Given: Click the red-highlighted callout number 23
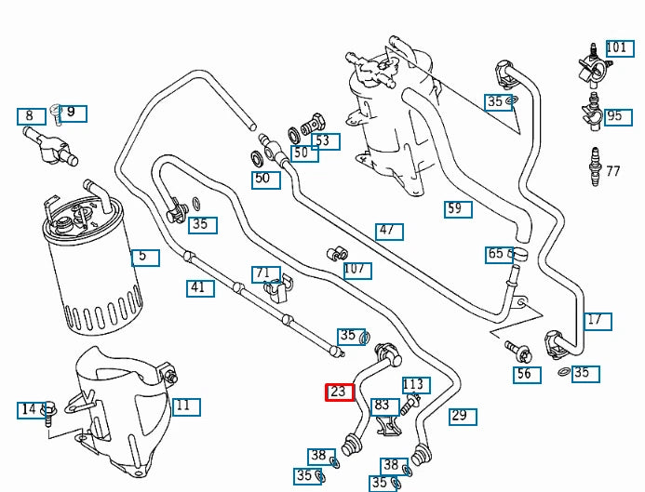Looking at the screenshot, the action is (x=340, y=392).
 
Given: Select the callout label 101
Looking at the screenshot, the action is (x=620, y=48).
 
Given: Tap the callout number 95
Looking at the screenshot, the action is (x=618, y=117).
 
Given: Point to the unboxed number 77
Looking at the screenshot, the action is (x=613, y=171).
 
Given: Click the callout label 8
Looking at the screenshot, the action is (x=32, y=116).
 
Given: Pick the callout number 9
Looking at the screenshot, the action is (x=73, y=113).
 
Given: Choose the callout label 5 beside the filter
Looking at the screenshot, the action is (x=145, y=258).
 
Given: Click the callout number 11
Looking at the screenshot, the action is (x=186, y=407).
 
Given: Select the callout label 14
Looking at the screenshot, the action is (x=32, y=410).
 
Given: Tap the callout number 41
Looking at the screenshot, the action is (x=200, y=288).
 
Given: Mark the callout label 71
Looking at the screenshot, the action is (x=266, y=274).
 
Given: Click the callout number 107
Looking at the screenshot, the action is (x=358, y=271).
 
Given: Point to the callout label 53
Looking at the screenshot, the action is (x=326, y=141).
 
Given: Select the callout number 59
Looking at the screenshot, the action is (x=458, y=209).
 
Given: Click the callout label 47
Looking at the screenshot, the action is (x=389, y=232).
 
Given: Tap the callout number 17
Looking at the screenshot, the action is (x=598, y=322).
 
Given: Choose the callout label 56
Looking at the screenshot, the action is (x=527, y=375).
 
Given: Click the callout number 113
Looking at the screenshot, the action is (x=416, y=386).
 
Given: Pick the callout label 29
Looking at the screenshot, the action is (x=463, y=417).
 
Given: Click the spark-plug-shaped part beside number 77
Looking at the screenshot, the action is (x=595, y=166).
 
